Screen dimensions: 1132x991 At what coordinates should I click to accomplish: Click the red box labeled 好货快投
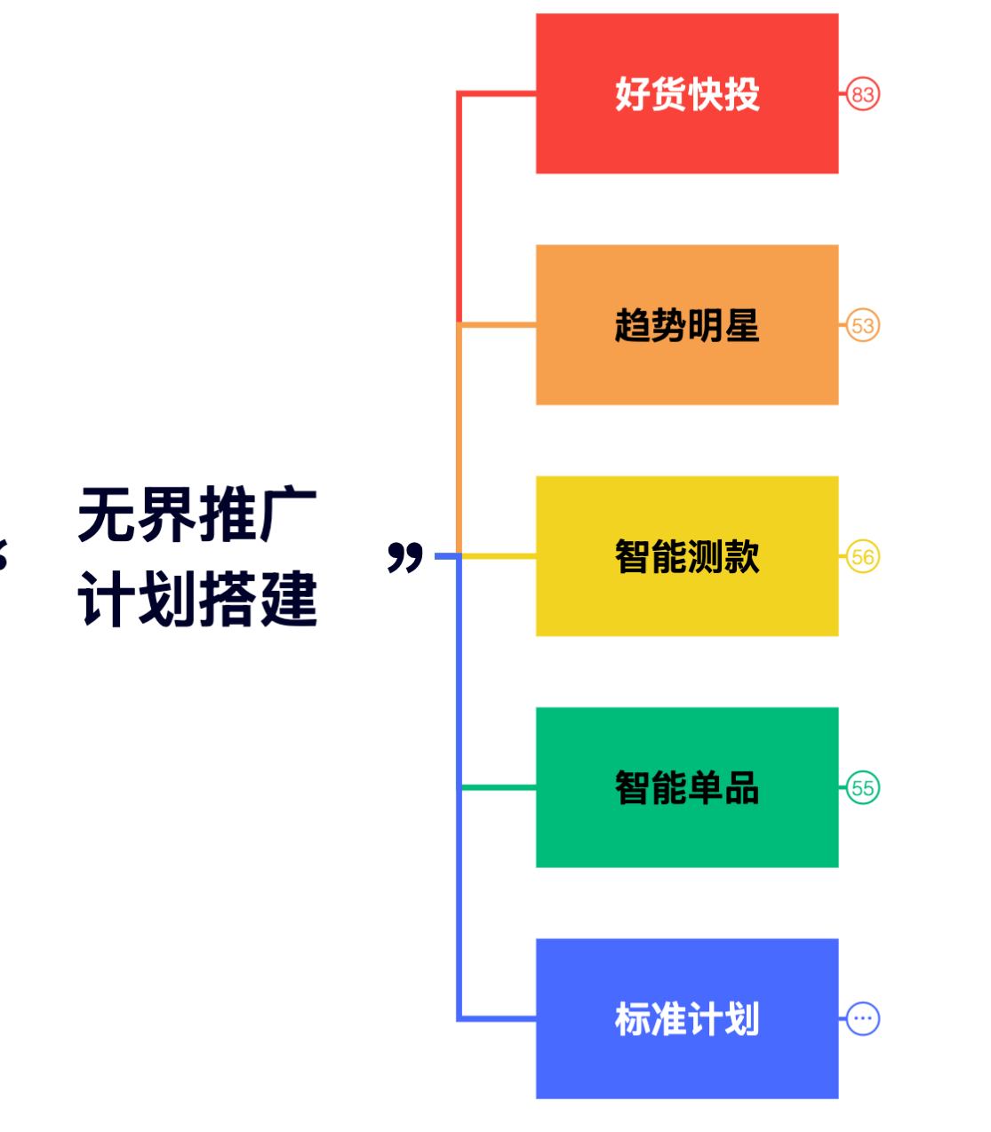click(686, 93)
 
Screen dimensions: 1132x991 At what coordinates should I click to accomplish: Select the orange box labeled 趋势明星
click(686, 324)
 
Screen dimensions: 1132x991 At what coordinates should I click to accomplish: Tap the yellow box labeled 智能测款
click(686, 556)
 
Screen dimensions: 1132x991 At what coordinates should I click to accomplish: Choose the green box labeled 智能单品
click(686, 787)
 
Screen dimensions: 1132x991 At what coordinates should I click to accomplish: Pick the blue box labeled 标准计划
click(686, 1018)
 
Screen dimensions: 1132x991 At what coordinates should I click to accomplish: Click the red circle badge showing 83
click(862, 94)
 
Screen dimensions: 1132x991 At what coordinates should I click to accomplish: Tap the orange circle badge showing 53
click(862, 325)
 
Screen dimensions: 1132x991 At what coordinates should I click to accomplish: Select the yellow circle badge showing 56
click(862, 557)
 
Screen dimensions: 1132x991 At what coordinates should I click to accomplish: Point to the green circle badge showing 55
click(862, 788)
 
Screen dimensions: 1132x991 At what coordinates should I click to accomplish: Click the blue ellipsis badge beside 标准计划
click(862, 1019)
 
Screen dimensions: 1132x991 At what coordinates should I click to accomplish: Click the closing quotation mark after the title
click(405, 557)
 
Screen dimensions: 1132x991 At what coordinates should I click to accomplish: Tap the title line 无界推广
click(197, 514)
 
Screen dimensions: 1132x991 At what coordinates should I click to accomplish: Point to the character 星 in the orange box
click(742, 325)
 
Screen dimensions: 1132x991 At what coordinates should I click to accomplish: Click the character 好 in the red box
click(632, 94)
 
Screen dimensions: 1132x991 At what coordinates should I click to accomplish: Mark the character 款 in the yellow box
click(742, 557)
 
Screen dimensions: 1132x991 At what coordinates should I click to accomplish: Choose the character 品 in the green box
click(742, 788)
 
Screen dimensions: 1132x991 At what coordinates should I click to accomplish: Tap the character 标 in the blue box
click(632, 1019)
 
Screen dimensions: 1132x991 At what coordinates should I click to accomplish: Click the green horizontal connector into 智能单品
click(498, 787)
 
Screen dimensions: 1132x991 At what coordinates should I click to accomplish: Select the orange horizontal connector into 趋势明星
click(498, 325)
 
